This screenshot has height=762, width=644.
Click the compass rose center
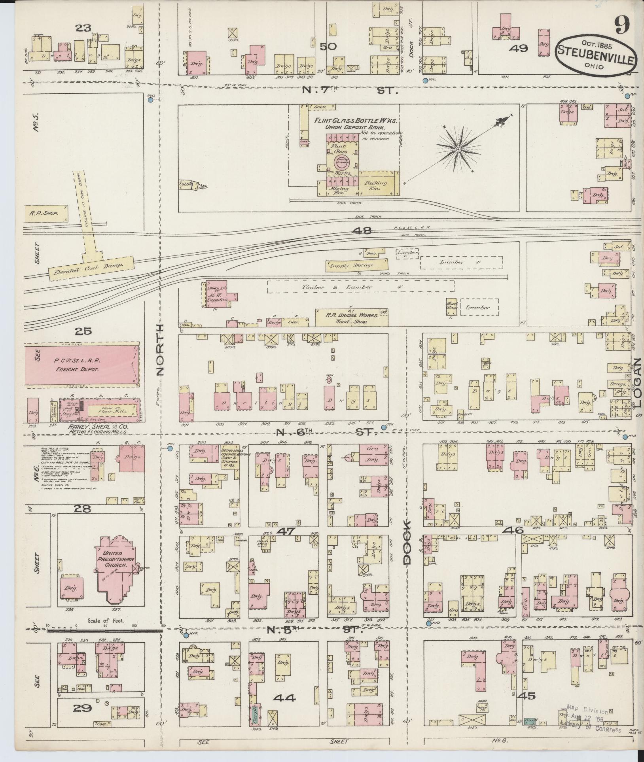[x=458, y=149]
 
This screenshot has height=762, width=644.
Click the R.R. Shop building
[x=45, y=213]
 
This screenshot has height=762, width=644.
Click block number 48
[x=363, y=231]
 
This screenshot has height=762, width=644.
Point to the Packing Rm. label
[x=372, y=186]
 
